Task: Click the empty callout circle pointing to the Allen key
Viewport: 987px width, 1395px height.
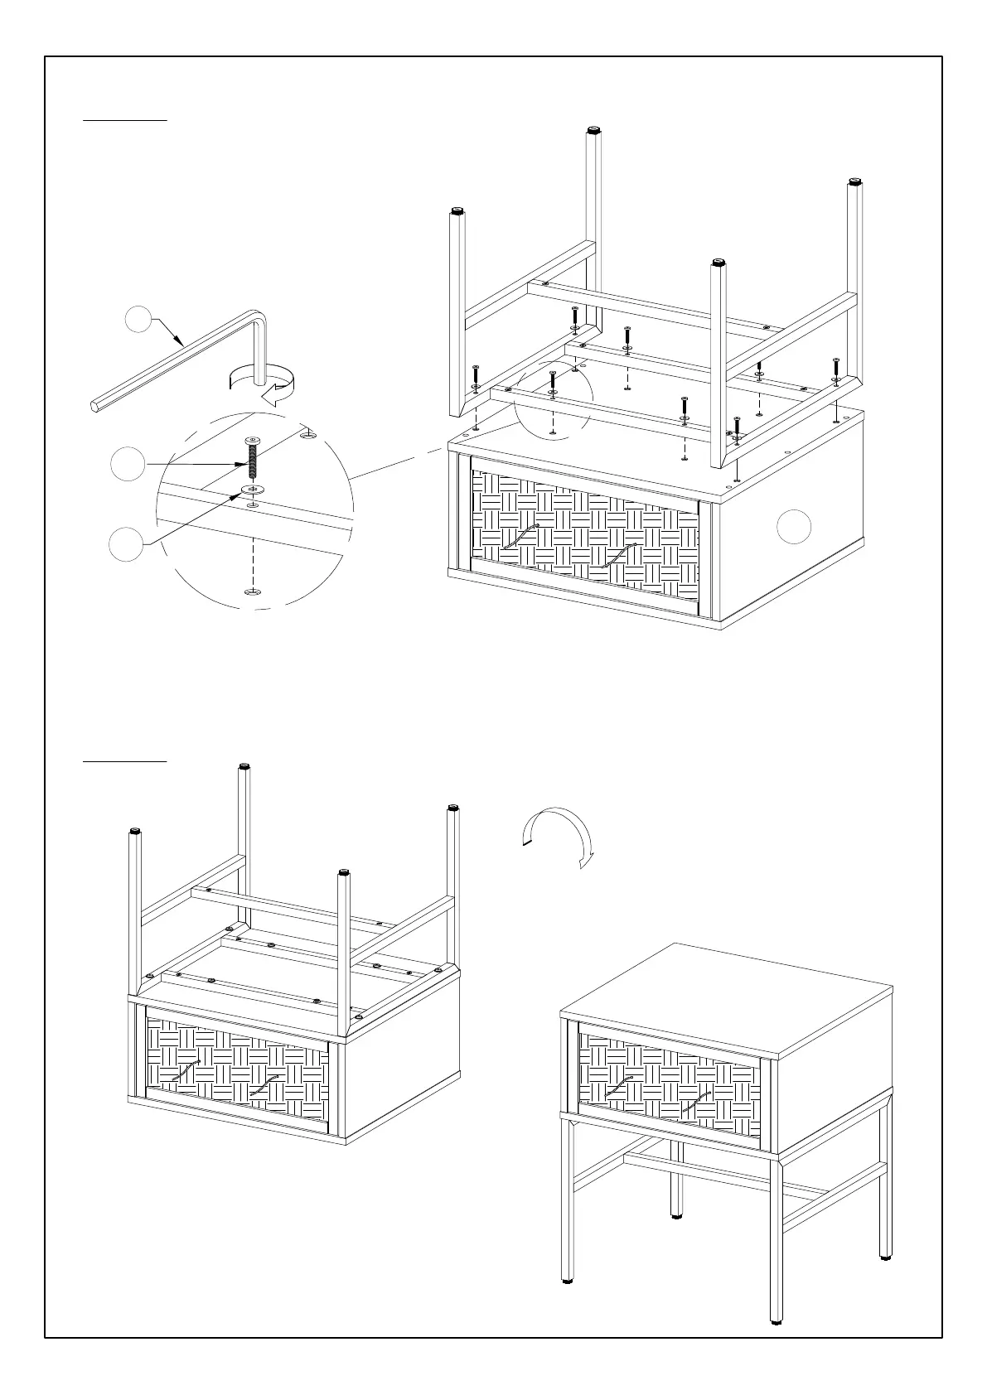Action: pyautogui.click(x=140, y=320)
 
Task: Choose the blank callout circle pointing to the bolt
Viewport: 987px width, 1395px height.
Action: pyautogui.click(x=128, y=464)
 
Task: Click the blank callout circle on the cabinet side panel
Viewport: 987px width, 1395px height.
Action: pyautogui.click(x=794, y=527)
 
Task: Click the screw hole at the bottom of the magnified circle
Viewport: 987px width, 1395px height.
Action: pyautogui.click(x=252, y=591)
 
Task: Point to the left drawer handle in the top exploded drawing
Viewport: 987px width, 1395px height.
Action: pyautogui.click(x=521, y=538)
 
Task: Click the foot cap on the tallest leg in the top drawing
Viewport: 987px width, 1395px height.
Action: pyautogui.click(x=594, y=130)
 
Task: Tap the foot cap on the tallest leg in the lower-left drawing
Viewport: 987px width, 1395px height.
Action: pyautogui.click(x=244, y=766)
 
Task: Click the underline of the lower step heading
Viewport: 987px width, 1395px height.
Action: pyautogui.click(x=125, y=760)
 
